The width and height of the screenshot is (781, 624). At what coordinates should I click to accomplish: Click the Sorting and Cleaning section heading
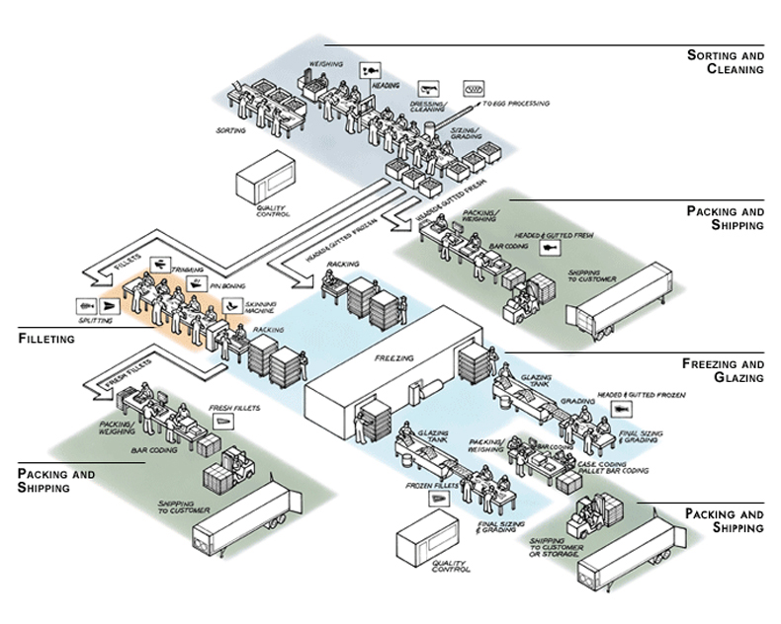point(725,62)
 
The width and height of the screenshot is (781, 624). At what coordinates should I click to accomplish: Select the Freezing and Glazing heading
point(724,370)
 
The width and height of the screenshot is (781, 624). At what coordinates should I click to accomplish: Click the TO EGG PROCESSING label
point(514,104)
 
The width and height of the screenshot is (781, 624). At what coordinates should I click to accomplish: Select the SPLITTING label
point(95,320)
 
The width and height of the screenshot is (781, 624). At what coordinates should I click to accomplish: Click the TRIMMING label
point(188,270)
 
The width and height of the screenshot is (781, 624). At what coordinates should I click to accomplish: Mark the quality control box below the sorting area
point(261,183)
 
